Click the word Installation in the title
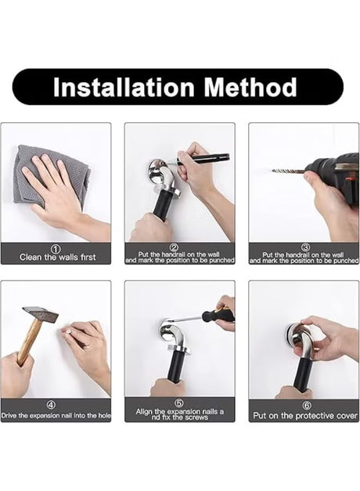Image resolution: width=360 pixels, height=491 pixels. (124, 87)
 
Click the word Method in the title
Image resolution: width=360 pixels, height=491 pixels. (250, 87)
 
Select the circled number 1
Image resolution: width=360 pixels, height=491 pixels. (56, 249)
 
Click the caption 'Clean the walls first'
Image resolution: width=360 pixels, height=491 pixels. (58, 258)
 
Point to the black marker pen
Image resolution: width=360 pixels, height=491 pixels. (200, 158)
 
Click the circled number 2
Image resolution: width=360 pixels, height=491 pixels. (175, 247)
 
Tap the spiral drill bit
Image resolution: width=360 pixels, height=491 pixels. (288, 171)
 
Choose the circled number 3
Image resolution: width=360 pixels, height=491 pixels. (305, 247)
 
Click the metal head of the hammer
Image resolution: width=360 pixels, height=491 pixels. (41, 314)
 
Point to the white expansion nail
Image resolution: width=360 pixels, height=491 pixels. (68, 331)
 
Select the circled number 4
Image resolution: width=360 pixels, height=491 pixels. (52, 405)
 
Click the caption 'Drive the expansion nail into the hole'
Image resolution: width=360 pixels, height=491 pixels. (56, 416)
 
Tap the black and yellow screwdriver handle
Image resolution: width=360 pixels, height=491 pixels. (219, 315)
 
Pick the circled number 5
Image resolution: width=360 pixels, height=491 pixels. (179, 403)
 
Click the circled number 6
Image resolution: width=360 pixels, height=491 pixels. (307, 405)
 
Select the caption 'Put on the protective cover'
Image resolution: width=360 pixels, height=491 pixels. (305, 416)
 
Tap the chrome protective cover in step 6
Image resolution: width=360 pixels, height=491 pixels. (293, 334)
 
